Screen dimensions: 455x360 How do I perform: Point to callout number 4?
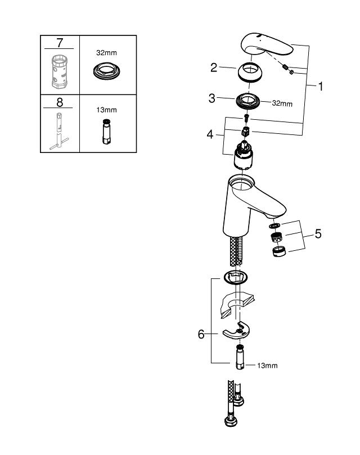pyautogui.click(x=210, y=135)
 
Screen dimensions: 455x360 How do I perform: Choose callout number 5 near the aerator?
pyautogui.click(x=318, y=233)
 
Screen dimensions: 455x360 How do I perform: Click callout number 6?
pyautogui.click(x=201, y=334)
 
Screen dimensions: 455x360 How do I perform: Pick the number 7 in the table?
pyautogui.click(x=59, y=43)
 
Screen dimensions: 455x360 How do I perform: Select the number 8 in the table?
pyautogui.click(x=59, y=102)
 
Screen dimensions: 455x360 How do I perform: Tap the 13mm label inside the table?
pyautogui.click(x=107, y=111)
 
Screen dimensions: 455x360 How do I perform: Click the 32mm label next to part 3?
pyautogui.click(x=282, y=103)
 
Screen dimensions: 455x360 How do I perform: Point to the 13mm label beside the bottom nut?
pyautogui.click(x=267, y=366)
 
